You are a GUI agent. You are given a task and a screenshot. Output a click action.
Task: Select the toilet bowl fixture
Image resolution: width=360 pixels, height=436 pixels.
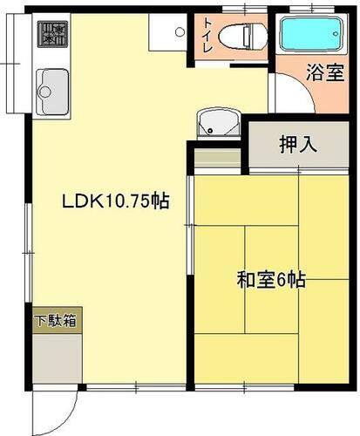pos(240,37)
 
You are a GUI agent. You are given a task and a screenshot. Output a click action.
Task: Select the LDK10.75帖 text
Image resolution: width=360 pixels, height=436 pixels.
pos(114,201)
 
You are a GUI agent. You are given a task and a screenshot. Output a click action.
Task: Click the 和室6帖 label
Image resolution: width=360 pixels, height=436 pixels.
pos(270,281)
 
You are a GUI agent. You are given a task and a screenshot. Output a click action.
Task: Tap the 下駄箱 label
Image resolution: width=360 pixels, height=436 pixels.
pos(56,320)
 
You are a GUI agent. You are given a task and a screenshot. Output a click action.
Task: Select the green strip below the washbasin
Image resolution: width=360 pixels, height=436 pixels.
pos(216,159)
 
